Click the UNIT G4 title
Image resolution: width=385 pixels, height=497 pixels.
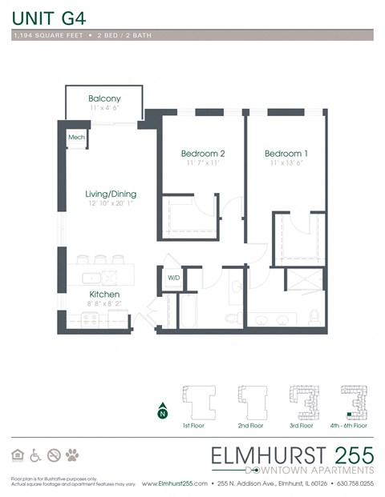(51, 15)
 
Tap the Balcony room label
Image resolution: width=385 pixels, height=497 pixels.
(104, 98)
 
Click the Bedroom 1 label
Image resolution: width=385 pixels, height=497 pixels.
(285, 153)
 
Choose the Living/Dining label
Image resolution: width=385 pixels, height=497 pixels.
(111, 194)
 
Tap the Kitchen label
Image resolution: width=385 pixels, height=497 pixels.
(104, 295)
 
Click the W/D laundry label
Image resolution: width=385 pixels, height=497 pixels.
(173, 279)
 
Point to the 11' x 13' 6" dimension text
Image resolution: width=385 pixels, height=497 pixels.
(285, 163)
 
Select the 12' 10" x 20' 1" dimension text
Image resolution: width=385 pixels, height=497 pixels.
(111, 204)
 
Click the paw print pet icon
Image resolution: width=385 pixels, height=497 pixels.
(73, 455)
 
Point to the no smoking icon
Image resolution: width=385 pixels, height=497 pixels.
(54, 455)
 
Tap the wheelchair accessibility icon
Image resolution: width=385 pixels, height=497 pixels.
(35, 455)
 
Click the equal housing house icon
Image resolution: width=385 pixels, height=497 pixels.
(18, 455)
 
